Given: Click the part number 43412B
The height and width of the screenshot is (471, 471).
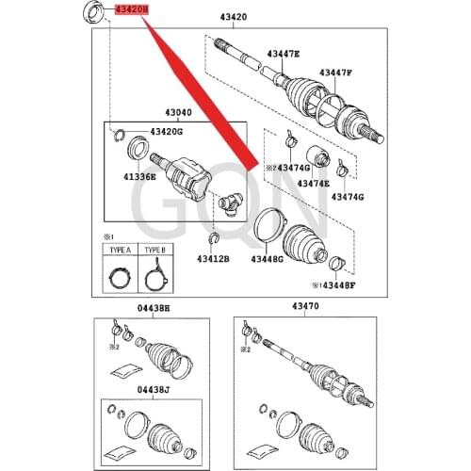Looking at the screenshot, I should [x=213, y=257].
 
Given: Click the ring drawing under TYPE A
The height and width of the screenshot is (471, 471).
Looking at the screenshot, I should [x=120, y=276].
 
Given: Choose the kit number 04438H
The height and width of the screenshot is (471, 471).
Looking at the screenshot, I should [x=152, y=308].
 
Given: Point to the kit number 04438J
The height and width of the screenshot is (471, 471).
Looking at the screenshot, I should [x=152, y=389].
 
